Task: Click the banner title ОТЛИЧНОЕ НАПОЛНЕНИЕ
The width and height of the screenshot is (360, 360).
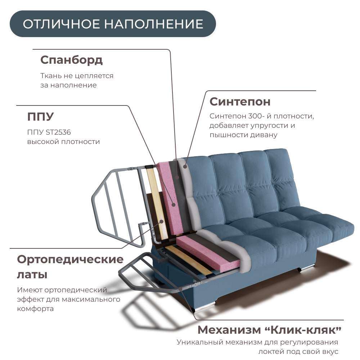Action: [x=113, y=24]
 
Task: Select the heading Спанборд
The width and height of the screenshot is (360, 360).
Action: [x=71, y=60]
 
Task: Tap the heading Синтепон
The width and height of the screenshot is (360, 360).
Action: [x=240, y=102]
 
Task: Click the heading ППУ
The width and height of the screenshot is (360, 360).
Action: [x=40, y=117]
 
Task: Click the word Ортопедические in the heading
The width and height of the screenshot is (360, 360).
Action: [x=70, y=259]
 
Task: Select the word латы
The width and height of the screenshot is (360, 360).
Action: [x=32, y=275]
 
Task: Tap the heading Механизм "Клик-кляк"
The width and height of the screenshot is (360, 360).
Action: [x=269, y=329]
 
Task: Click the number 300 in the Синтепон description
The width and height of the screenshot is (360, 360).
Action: [x=256, y=116]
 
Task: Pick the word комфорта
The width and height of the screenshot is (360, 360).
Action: [x=35, y=309]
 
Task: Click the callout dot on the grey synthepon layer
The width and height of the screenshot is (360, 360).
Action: [x=185, y=166]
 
